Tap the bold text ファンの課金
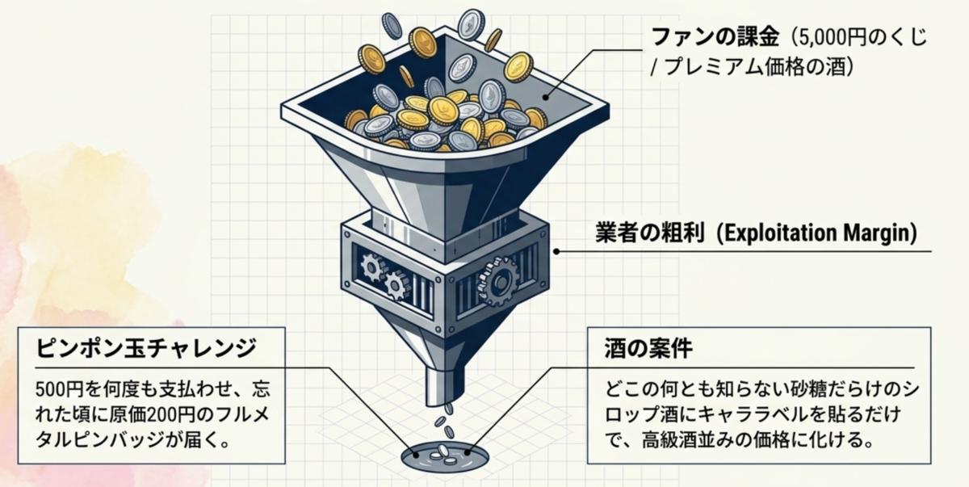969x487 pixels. pyautogui.click(x=715, y=37)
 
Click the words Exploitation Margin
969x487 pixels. pyautogui.click(x=820, y=233)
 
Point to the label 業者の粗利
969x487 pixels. pyautogui.click(x=649, y=233)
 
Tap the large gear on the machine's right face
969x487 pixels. pyautogui.click(x=498, y=281)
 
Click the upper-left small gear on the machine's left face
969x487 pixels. pyautogui.click(x=372, y=267)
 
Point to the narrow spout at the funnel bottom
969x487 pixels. pyautogui.click(x=445, y=385)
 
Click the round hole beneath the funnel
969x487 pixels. pyautogui.click(x=445, y=457)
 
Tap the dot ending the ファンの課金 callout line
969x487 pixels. pyautogui.click(x=546, y=97)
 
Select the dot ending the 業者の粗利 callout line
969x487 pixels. pyautogui.click(x=556, y=251)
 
